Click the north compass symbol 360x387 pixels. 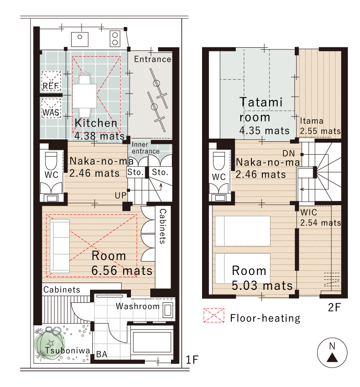332,352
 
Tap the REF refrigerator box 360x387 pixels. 51,81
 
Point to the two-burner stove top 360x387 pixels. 115,38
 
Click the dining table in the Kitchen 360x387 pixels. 84,96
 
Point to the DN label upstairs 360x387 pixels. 289,153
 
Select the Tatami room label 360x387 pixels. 261,110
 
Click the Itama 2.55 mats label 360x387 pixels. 320,126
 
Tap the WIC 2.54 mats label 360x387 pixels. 320,218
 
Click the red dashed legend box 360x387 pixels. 214,315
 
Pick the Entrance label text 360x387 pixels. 153,59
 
